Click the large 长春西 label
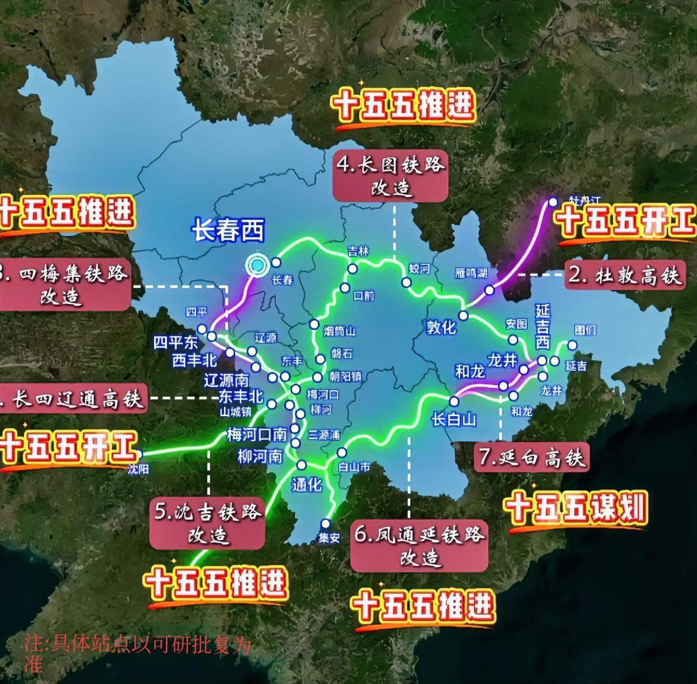228,231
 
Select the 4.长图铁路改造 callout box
391,177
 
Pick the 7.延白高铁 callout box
532,457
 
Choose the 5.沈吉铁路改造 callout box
207,523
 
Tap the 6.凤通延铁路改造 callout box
419,546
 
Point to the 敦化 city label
441,327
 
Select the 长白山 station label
454,419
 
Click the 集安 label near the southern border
329,537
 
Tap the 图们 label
585,330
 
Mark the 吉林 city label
358,251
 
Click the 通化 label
306,485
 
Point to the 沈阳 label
138,469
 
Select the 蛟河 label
419,269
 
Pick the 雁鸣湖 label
471,273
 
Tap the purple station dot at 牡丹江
553,203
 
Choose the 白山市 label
354,467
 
